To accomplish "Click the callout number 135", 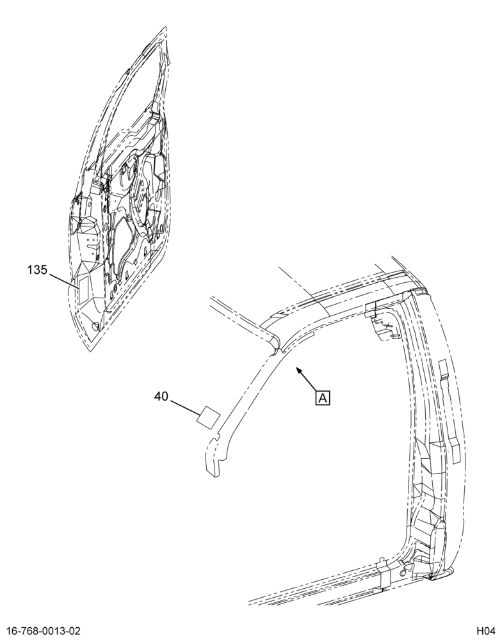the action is tap(38, 270).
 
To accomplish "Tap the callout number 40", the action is tap(161, 396).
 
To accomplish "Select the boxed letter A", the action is tap(322, 398).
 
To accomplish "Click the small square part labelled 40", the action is tap(209, 417).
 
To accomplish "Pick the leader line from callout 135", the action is tap(64, 280).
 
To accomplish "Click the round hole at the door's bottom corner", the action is tap(95, 326).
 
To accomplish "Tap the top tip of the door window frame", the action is tap(165, 29).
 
